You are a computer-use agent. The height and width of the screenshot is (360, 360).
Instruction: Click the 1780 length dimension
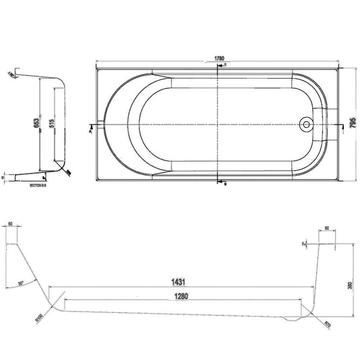[217, 59]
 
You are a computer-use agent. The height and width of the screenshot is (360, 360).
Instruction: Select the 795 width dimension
[352, 124]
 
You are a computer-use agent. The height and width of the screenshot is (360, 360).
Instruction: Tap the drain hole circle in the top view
[307, 124]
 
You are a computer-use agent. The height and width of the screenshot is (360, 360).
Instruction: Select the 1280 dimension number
[179, 295]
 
